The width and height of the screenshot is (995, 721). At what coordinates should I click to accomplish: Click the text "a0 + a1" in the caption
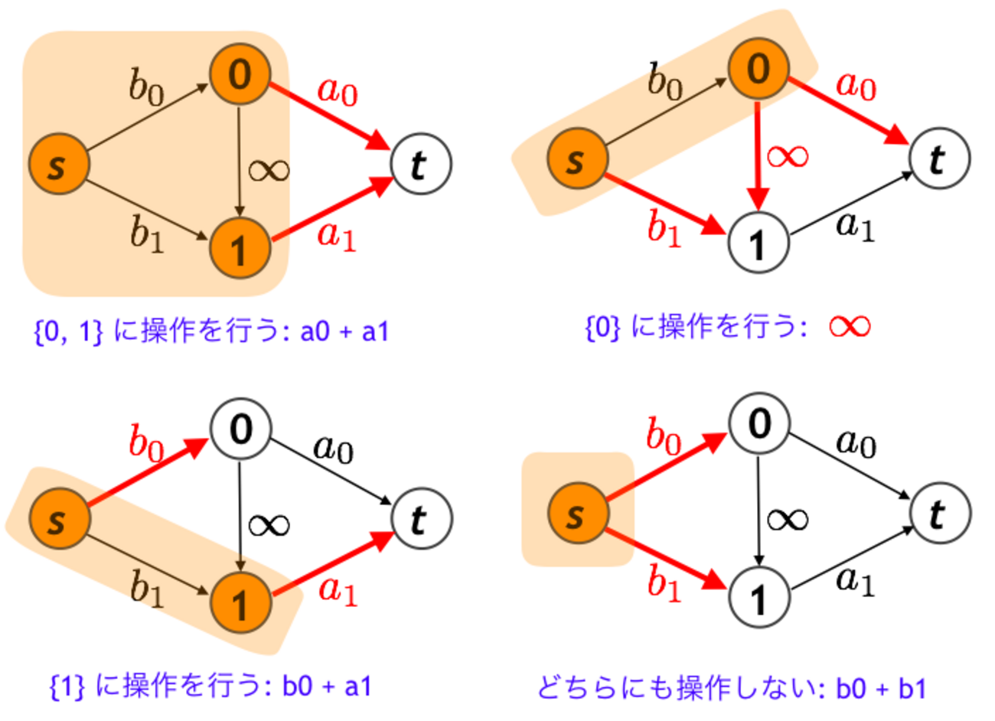[344, 331]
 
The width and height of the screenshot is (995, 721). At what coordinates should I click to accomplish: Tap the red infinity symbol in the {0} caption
[849, 327]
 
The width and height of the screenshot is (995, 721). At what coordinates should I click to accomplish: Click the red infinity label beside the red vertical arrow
[787, 155]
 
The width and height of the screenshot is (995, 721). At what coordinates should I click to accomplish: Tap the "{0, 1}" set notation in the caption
[68, 331]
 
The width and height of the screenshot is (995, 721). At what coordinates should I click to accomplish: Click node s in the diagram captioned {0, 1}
[58, 165]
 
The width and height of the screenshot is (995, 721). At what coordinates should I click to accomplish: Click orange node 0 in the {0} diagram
[758, 69]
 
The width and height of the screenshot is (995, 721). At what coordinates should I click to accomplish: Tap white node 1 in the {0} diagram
[758, 243]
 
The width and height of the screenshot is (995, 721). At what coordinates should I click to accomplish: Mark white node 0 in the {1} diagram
[240, 429]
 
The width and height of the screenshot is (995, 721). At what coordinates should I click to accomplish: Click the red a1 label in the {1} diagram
[338, 590]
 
